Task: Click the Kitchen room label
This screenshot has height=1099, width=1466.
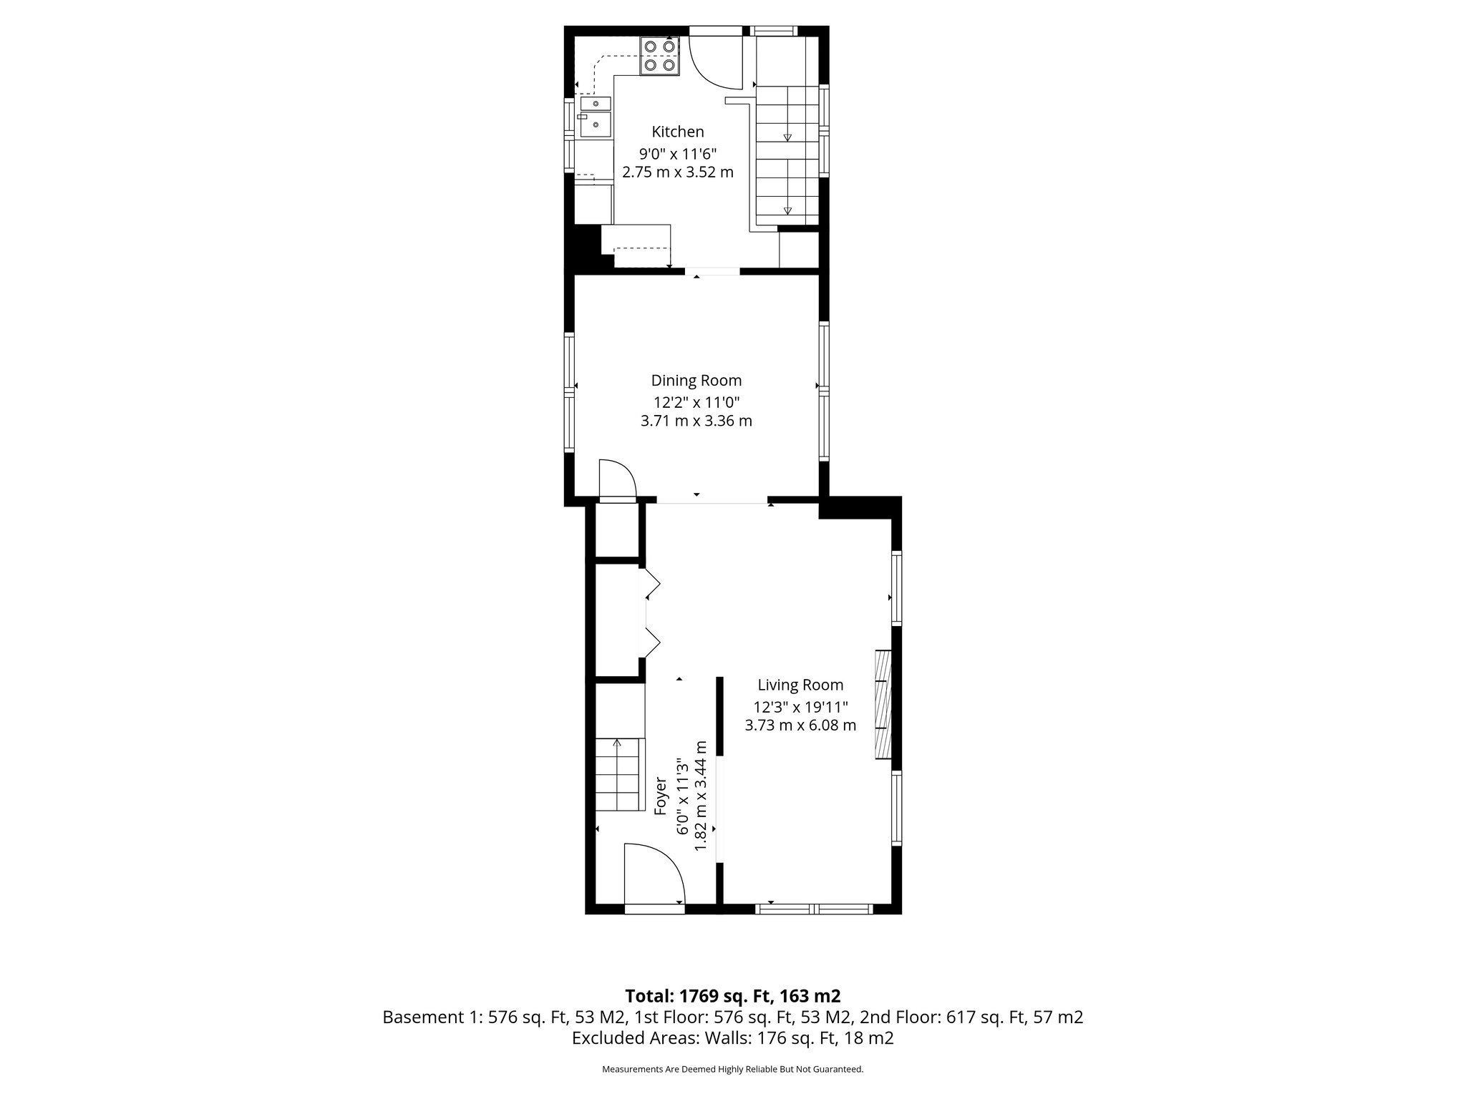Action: [677, 132]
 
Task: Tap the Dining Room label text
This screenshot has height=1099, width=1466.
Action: [696, 381]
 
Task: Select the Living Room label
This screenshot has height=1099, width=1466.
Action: [800, 685]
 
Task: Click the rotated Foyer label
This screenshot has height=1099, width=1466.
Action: [661, 796]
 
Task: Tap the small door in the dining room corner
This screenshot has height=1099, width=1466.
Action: [616, 478]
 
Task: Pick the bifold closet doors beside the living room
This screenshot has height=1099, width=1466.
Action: [651, 612]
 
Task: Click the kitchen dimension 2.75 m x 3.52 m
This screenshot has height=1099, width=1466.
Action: [677, 172]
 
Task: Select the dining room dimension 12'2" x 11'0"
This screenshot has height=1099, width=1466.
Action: [696, 401]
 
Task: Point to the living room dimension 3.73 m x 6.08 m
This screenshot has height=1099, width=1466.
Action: [800, 726]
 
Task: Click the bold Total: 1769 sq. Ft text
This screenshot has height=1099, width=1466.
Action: [732, 996]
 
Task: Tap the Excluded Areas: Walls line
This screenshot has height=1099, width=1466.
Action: [732, 1038]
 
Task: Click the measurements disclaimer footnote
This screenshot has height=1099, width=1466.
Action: [732, 1069]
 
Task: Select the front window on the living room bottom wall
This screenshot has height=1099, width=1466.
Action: [815, 909]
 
